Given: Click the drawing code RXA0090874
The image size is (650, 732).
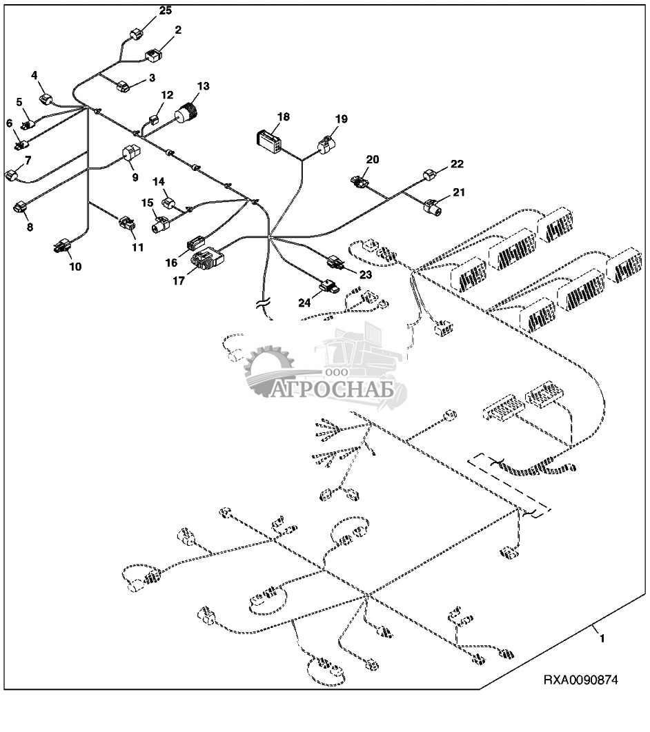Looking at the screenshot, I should click(580, 680).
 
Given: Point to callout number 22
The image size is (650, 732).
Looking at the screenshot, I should click(457, 164).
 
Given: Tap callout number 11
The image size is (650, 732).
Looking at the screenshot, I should click(138, 246).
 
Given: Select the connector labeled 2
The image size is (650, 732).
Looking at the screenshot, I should click(152, 54).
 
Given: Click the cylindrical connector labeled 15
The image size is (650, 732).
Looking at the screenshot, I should click(161, 225).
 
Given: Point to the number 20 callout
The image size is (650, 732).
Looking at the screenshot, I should click(373, 160).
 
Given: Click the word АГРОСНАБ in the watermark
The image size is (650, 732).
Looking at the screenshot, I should click(338, 390).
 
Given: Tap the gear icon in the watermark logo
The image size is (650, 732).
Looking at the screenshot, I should click(269, 369).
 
